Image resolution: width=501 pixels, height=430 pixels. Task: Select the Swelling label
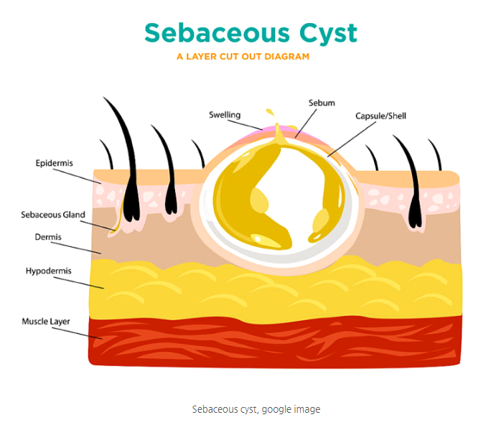(225, 115)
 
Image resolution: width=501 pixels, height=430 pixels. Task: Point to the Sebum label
(322, 103)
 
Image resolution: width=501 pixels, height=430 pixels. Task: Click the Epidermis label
(55, 164)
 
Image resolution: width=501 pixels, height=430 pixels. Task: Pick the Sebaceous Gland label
(53, 215)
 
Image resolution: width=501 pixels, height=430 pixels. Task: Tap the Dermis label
(48, 237)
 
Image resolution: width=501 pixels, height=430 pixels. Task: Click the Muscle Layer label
(46, 321)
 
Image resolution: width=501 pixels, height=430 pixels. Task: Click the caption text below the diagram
(256, 409)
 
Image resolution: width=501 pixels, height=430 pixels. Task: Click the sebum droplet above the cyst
(271, 115)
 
